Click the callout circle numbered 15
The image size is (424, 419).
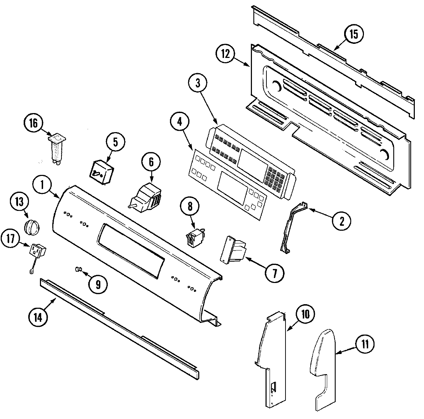[x=354, y=34]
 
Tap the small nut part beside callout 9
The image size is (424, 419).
[x=78, y=270]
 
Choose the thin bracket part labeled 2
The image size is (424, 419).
[x=293, y=228]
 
